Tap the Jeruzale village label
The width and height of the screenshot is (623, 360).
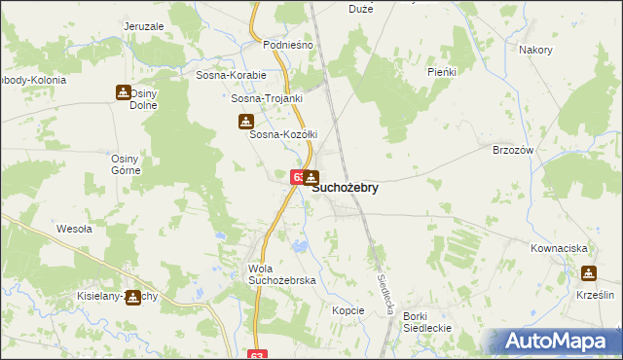pos(145,26)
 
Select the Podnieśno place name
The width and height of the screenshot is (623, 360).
pos(288,46)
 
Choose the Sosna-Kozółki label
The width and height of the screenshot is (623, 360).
pos(284,134)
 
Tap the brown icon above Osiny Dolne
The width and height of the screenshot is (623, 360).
pos(124,92)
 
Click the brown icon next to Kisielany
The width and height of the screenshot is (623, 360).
pos(133,297)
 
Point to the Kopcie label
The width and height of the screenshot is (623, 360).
pos(348,310)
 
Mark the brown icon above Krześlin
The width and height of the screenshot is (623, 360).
pos(589,273)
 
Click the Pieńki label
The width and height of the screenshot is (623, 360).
pos(443,72)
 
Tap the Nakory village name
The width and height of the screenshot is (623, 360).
pos(535,50)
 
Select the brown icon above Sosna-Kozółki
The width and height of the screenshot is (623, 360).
pos(245,122)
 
